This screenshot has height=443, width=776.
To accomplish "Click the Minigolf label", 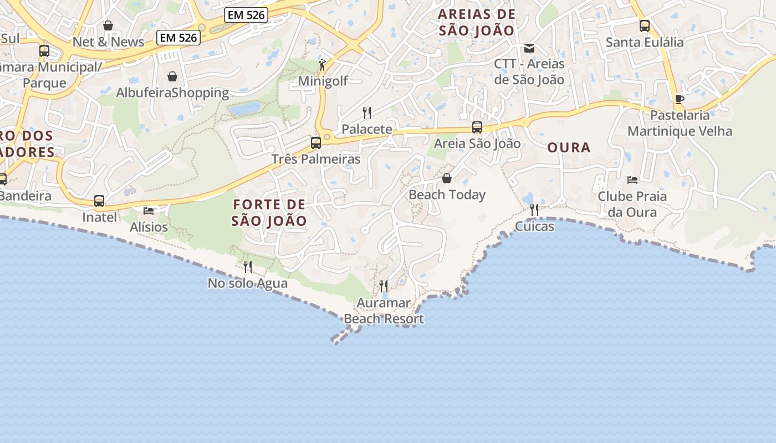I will point(323,81).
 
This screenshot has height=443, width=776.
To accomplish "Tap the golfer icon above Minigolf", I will point(322,65).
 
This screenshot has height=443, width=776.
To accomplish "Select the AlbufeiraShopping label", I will point(172,92).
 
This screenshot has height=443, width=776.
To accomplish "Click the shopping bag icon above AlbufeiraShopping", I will point(172,76).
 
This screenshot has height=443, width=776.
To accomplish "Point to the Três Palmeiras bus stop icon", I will point(316,143).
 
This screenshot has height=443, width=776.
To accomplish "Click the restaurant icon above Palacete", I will point(366,113).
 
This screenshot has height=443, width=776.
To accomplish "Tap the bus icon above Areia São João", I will point(477,127).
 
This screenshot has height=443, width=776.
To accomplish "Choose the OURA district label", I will point(569,147).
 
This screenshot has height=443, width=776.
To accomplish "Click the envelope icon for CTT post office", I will point(529,48).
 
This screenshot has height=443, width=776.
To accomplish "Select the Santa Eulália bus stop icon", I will point(645,25).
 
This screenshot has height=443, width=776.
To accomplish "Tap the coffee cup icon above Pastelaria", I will point(680,99).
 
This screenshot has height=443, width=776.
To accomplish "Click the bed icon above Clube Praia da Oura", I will point(632,180).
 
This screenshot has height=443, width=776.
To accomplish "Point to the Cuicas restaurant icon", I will point(534,210).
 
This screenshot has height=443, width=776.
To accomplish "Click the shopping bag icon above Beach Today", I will point(447,178).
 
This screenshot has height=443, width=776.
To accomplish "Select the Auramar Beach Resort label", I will point(384,311).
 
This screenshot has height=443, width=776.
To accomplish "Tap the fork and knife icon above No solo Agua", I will point(248,267).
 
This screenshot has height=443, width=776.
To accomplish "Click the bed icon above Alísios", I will point(149,211).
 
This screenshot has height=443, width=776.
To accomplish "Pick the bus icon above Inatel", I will point(99,201).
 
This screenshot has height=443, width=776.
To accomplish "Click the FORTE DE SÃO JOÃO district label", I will point(269,213).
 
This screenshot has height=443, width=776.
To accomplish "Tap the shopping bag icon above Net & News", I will point(108,25).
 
